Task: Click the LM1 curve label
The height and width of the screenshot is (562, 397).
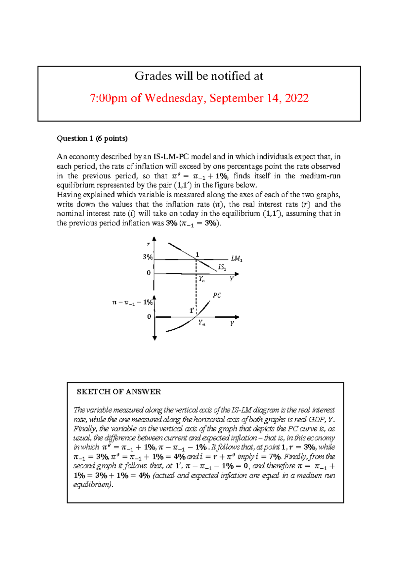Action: click(237, 259)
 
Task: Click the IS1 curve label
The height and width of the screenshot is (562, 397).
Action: click(222, 267)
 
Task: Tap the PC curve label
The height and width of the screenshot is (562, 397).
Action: click(217, 295)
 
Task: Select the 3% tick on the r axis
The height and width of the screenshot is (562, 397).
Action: click(148, 257)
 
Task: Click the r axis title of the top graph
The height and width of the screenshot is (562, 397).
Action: click(148, 244)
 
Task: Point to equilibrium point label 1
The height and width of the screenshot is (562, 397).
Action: click(197, 254)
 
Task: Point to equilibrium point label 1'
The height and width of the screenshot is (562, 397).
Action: click(192, 310)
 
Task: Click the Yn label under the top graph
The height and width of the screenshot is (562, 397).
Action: click(201, 279)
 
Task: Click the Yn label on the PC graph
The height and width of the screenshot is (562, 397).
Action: click(201, 322)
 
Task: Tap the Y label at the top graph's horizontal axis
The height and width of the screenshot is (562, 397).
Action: click(231, 279)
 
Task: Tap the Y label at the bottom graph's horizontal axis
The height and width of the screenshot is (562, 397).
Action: click(232, 324)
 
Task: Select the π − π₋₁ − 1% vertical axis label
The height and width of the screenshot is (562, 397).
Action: click(132, 302)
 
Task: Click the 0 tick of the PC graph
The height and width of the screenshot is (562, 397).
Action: click(149, 316)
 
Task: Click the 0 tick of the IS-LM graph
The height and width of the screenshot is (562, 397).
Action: click(149, 273)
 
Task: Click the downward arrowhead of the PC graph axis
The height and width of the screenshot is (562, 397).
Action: click(154, 338)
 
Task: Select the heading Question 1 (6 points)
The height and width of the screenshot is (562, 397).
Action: click(92, 138)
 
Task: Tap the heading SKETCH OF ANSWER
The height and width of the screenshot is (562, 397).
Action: click(119, 392)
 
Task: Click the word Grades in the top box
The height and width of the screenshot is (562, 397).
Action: click(149, 76)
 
